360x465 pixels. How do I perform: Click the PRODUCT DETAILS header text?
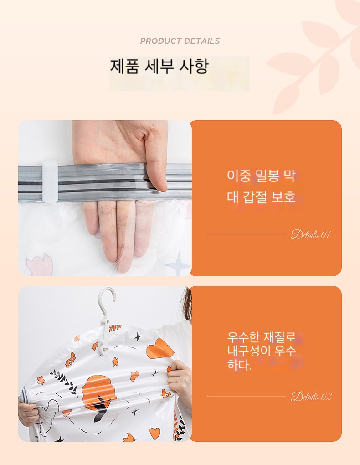tap(180, 41)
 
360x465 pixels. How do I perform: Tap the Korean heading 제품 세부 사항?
tap(159, 66)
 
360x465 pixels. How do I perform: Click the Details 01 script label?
tap(310, 234)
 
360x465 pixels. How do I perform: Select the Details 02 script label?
tap(311, 397)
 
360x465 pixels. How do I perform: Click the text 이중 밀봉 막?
tap(261, 176)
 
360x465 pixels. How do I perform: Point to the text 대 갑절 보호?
tap(261, 197)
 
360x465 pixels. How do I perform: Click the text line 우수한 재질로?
tap(262, 337)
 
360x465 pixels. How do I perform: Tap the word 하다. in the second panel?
tap(239, 365)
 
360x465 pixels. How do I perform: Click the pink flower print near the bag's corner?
tap(40, 264)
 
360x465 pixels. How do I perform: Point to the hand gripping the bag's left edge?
tap(29, 413)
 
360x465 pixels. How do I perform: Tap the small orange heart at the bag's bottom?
tap(154, 433)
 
